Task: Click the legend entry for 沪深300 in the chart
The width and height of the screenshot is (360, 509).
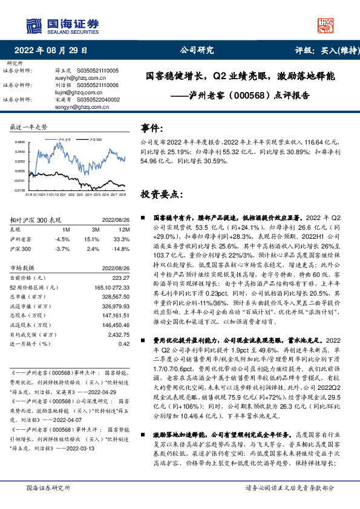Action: tap(95, 138)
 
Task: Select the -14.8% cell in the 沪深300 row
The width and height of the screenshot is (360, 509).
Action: tap(122, 248)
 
